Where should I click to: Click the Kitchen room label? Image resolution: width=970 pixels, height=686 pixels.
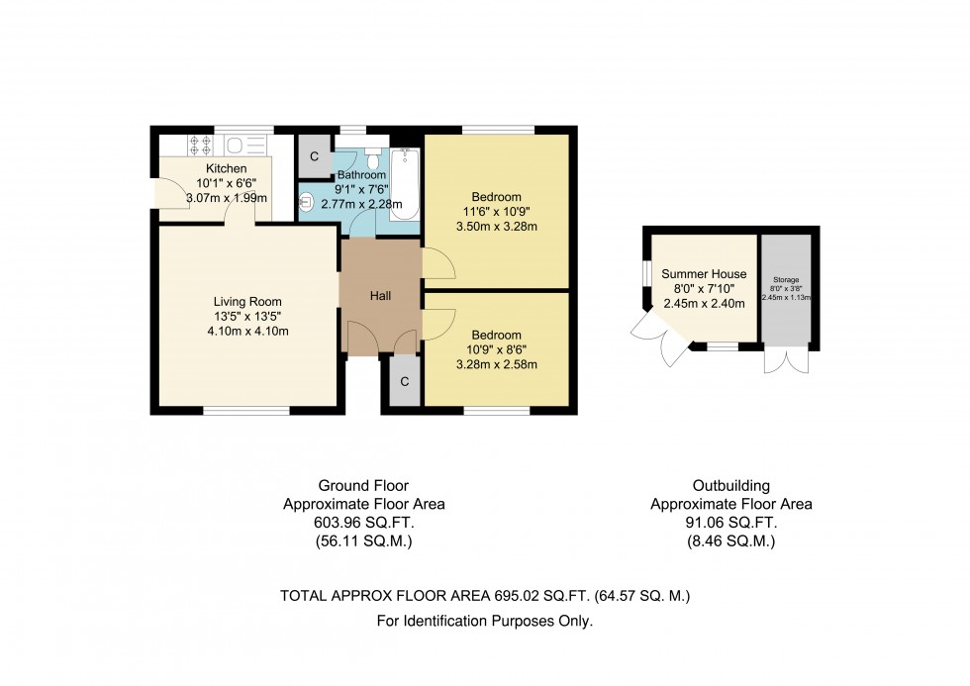pos(219,168)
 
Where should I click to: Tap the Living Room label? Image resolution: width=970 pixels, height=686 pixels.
pos(247,302)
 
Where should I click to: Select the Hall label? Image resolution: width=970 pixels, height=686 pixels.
pos(381,296)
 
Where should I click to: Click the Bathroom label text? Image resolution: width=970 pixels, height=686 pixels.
pos(361,175)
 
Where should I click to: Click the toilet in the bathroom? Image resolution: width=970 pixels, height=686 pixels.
pos(372,157)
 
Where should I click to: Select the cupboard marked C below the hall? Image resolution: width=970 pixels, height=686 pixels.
pos(405,382)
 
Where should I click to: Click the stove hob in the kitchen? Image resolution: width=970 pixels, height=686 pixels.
pos(199,146)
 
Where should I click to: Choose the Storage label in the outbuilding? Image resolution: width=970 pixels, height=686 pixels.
pos(785,280)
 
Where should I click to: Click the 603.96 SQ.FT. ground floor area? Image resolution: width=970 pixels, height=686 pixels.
pos(363,523)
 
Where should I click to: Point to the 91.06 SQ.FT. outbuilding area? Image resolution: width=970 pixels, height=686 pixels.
pos(730,523)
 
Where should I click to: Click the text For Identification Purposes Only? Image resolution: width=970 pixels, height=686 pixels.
pos(485,622)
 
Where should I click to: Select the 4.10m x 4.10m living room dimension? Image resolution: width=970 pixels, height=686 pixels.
pos(247,332)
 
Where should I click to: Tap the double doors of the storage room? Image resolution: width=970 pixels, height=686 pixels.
pos(786,359)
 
